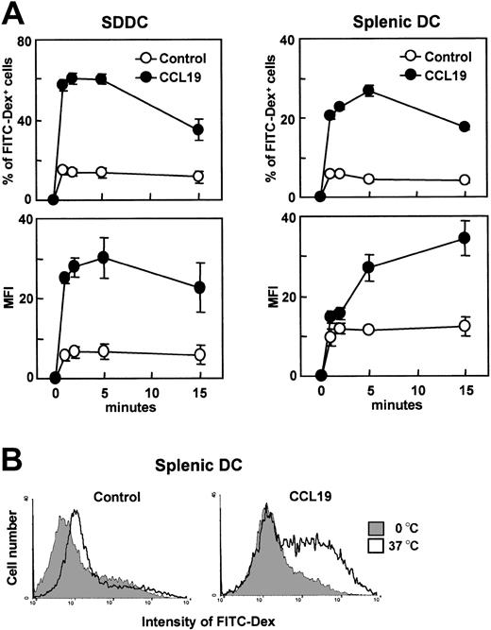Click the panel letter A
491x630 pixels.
pos(12,12)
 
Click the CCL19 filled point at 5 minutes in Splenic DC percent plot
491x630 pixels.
pos(369,91)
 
